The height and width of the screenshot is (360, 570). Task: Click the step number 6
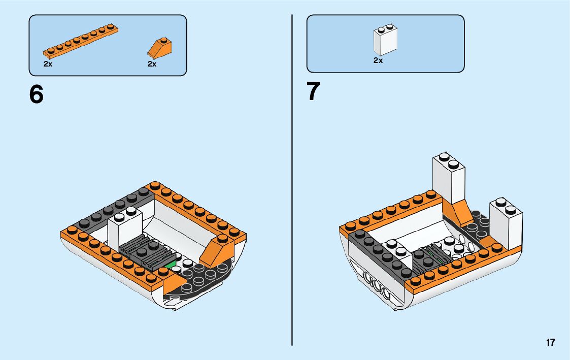click(37, 94)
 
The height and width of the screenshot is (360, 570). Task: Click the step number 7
click(313, 92)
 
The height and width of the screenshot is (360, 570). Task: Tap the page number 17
click(550, 342)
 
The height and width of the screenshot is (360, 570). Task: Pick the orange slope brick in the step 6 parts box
click(160, 47)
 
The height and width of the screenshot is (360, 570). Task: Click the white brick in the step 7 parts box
click(385, 41)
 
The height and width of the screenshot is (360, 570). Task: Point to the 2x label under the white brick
click(378, 60)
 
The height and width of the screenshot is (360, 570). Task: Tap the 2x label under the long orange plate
click(48, 64)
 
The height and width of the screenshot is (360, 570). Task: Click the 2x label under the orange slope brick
click(152, 64)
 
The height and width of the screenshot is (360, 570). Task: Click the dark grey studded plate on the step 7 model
click(378, 254)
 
